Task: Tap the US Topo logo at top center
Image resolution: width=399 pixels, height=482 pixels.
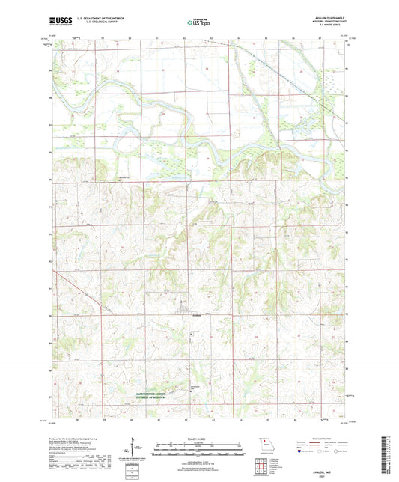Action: [x=199, y=24]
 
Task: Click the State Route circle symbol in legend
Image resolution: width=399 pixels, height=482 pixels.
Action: [x=335, y=451]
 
